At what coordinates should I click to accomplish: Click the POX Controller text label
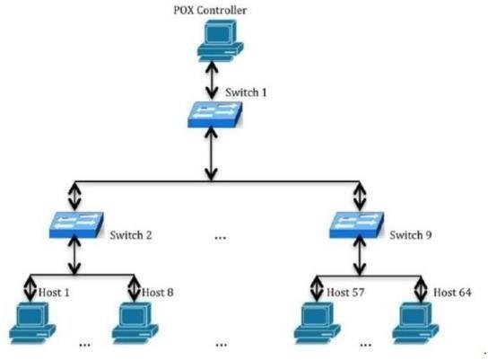pyautogui.click(x=210, y=10)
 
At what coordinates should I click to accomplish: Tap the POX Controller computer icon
pyautogui.click(x=221, y=40)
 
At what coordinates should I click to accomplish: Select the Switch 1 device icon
pyautogui.click(x=214, y=115)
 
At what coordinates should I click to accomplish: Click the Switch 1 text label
pyautogui.click(x=246, y=92)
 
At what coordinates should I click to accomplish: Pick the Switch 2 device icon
pyautogui.click(x=76, y=224)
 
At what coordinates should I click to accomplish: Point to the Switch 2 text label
pyautogui.click(x=131, y=235)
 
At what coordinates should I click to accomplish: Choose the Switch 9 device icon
pyautogui.click(x=357, y=225)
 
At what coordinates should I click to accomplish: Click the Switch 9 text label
pyautogui.click(x=411, y=235)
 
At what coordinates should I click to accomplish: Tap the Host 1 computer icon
pyautogui.click(x=32, y=323)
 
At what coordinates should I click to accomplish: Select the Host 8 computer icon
pyautogui.click(x=135, y=323)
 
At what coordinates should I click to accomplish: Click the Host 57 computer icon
pyautogui.click(x=318, y=323)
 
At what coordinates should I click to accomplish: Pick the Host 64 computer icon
pyautogui.click(x=416, y=323)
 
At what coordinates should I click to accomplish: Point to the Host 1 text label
pyautogui.click(x=54, y=293)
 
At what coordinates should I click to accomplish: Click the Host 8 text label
pyautogui.click(x=158, y=293)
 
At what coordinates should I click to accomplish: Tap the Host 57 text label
pyautogui.click(x=345, y=293)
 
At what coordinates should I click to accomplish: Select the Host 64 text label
pyautogui.click(x=452, y=293)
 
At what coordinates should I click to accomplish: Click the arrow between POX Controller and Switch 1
pyautogui.click(x=212, y=79)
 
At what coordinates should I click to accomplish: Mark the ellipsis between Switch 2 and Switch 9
pyautogui.click(x=221, y=239)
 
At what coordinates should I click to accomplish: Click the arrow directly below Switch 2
pyautogui.click(x=74, y=255)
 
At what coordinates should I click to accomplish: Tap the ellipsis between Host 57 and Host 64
pyautogui.click(x=366, y=345)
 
